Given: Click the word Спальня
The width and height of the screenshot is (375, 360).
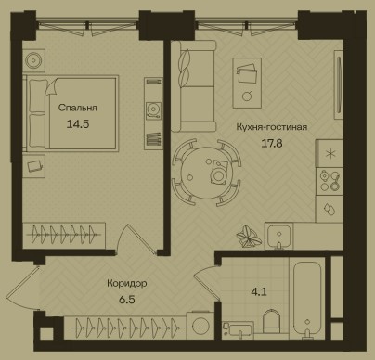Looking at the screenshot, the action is pyautogui.click(x=78, y=108).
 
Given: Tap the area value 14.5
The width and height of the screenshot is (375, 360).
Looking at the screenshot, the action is pyautogui.click(x=78, y=124).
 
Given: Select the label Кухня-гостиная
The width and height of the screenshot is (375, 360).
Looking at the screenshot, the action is pyautogui.click(x=272, y=127).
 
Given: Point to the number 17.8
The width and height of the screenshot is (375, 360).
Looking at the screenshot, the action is pyautogui.click(x=272, y=144).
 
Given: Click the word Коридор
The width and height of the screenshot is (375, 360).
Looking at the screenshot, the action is pyautogui.click(x=127, y=284).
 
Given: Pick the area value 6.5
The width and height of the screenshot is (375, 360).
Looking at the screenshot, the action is pyautogui.click(x=127, y=300).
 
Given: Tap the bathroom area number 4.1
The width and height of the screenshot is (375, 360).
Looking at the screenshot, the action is pyautogui.click(x=259, y=292).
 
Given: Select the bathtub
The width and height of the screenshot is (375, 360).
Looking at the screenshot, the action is pyautogui.click(x=307, y=301).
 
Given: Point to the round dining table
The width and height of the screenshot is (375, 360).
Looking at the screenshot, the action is pyautogui.click(x=206, y=174).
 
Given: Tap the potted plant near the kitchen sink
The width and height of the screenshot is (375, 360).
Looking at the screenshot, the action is pyautogui.click(x=248, y=238).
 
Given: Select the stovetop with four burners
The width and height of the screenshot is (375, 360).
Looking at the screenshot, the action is pyautogui.click(x=330, y=181).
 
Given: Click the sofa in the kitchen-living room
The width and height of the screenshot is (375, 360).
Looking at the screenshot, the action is pyautogui.click(x=193, y=86).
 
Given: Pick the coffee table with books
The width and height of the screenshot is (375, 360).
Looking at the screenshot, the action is pyautogui.click(x=247, y=83).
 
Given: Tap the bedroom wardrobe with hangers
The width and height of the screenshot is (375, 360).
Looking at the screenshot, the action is pyautogui.click(x=64, y=236).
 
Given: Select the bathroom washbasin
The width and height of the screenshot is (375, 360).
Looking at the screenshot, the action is pyautogui.click(x=238, y=328).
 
